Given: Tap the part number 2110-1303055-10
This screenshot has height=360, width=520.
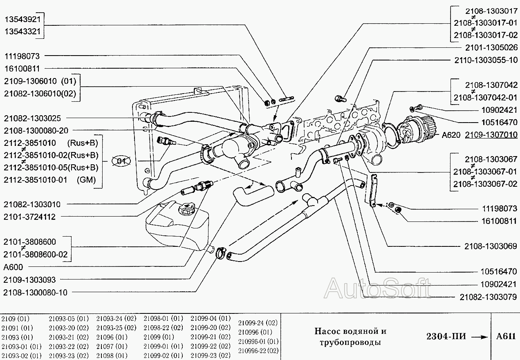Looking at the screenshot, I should pos(486,60).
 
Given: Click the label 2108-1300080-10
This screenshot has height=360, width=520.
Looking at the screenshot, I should pos(35,293).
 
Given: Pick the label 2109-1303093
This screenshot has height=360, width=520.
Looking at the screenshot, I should pos(29,280).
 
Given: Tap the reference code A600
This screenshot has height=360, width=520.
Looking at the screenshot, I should pos(13,267).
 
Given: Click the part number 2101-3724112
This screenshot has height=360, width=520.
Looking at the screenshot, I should pos(29,217).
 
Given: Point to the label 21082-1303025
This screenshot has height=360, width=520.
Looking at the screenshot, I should pos(32,118).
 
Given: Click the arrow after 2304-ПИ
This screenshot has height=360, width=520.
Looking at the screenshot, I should pos(478,337).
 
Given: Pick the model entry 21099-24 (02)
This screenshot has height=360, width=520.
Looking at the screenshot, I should pos(258,322).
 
